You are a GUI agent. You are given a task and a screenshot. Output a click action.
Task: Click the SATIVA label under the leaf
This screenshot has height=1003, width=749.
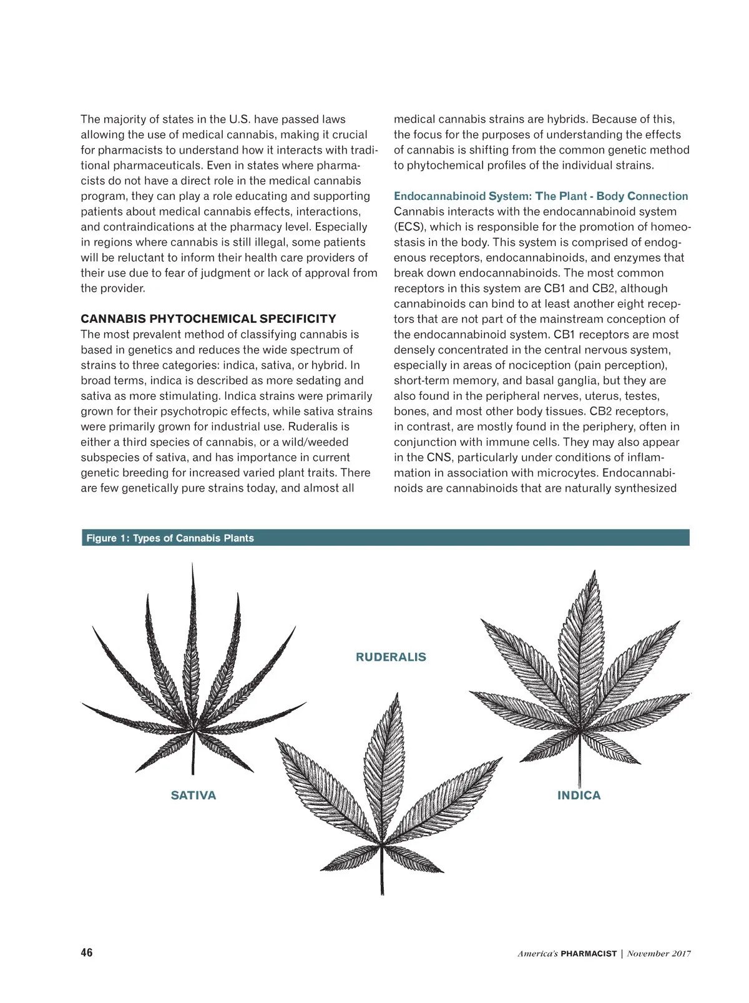193,795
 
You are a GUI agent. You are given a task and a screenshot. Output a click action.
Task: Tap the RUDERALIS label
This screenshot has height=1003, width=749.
391,657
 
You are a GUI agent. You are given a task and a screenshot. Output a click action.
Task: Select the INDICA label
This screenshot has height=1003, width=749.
579,795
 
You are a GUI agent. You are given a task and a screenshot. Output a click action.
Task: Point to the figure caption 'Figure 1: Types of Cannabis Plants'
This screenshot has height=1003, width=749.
170,538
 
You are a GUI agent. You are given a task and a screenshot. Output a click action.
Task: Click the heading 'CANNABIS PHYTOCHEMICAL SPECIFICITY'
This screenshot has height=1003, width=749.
208,319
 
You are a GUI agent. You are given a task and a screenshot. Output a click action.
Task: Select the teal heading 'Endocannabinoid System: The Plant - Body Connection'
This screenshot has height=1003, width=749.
541,196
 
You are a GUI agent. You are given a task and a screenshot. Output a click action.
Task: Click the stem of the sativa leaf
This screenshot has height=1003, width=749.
193,756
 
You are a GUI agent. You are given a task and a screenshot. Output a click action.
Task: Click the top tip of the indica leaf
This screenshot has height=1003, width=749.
594,571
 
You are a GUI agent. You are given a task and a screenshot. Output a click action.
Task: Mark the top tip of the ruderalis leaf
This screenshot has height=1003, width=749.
396,693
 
